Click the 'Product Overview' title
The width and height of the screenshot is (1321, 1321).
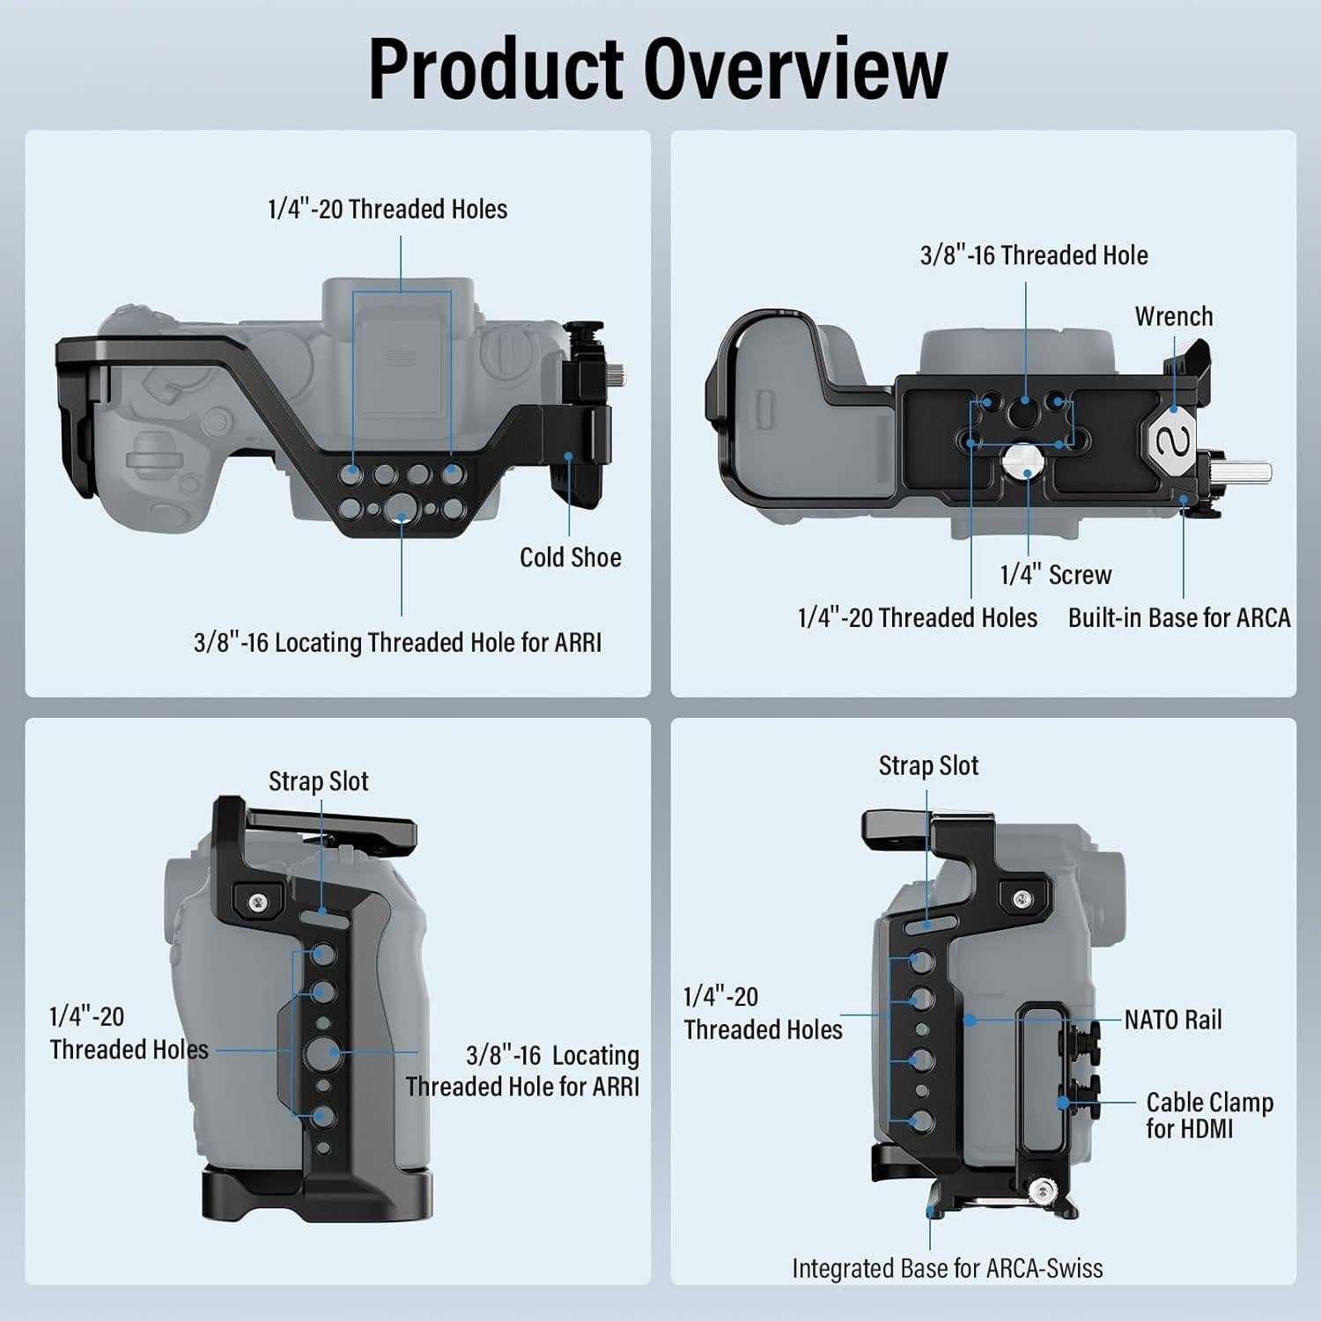(658, 68)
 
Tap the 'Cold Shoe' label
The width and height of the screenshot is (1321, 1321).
(571, 557)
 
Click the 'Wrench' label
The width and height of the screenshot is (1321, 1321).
(1174, 316)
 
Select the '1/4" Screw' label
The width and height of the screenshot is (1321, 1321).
(1056, 575)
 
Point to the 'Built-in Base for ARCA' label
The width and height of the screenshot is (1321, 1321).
(1179, 618)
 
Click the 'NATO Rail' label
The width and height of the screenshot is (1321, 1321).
(1173, 1020)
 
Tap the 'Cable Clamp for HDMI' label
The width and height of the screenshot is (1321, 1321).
(1209, 1115)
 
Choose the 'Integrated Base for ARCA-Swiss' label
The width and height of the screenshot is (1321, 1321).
(948, 1268)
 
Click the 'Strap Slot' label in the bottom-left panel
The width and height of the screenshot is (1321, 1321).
(319, 781)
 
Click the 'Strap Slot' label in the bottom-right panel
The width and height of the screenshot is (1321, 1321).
(928, 766)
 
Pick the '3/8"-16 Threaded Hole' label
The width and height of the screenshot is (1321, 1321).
(1034, 255)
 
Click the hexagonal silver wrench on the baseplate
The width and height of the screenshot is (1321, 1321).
(1173, 438)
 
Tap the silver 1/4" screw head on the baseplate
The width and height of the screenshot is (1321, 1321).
(1028, 459)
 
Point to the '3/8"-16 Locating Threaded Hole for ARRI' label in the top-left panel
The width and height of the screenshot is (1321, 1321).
(398, 643)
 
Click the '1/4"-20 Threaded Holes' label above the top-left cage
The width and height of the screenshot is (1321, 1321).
(387, 210)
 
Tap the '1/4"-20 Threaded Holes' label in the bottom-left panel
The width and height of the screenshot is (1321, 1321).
(129, 1033)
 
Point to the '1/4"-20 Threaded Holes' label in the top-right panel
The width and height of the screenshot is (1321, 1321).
(918, 618)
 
